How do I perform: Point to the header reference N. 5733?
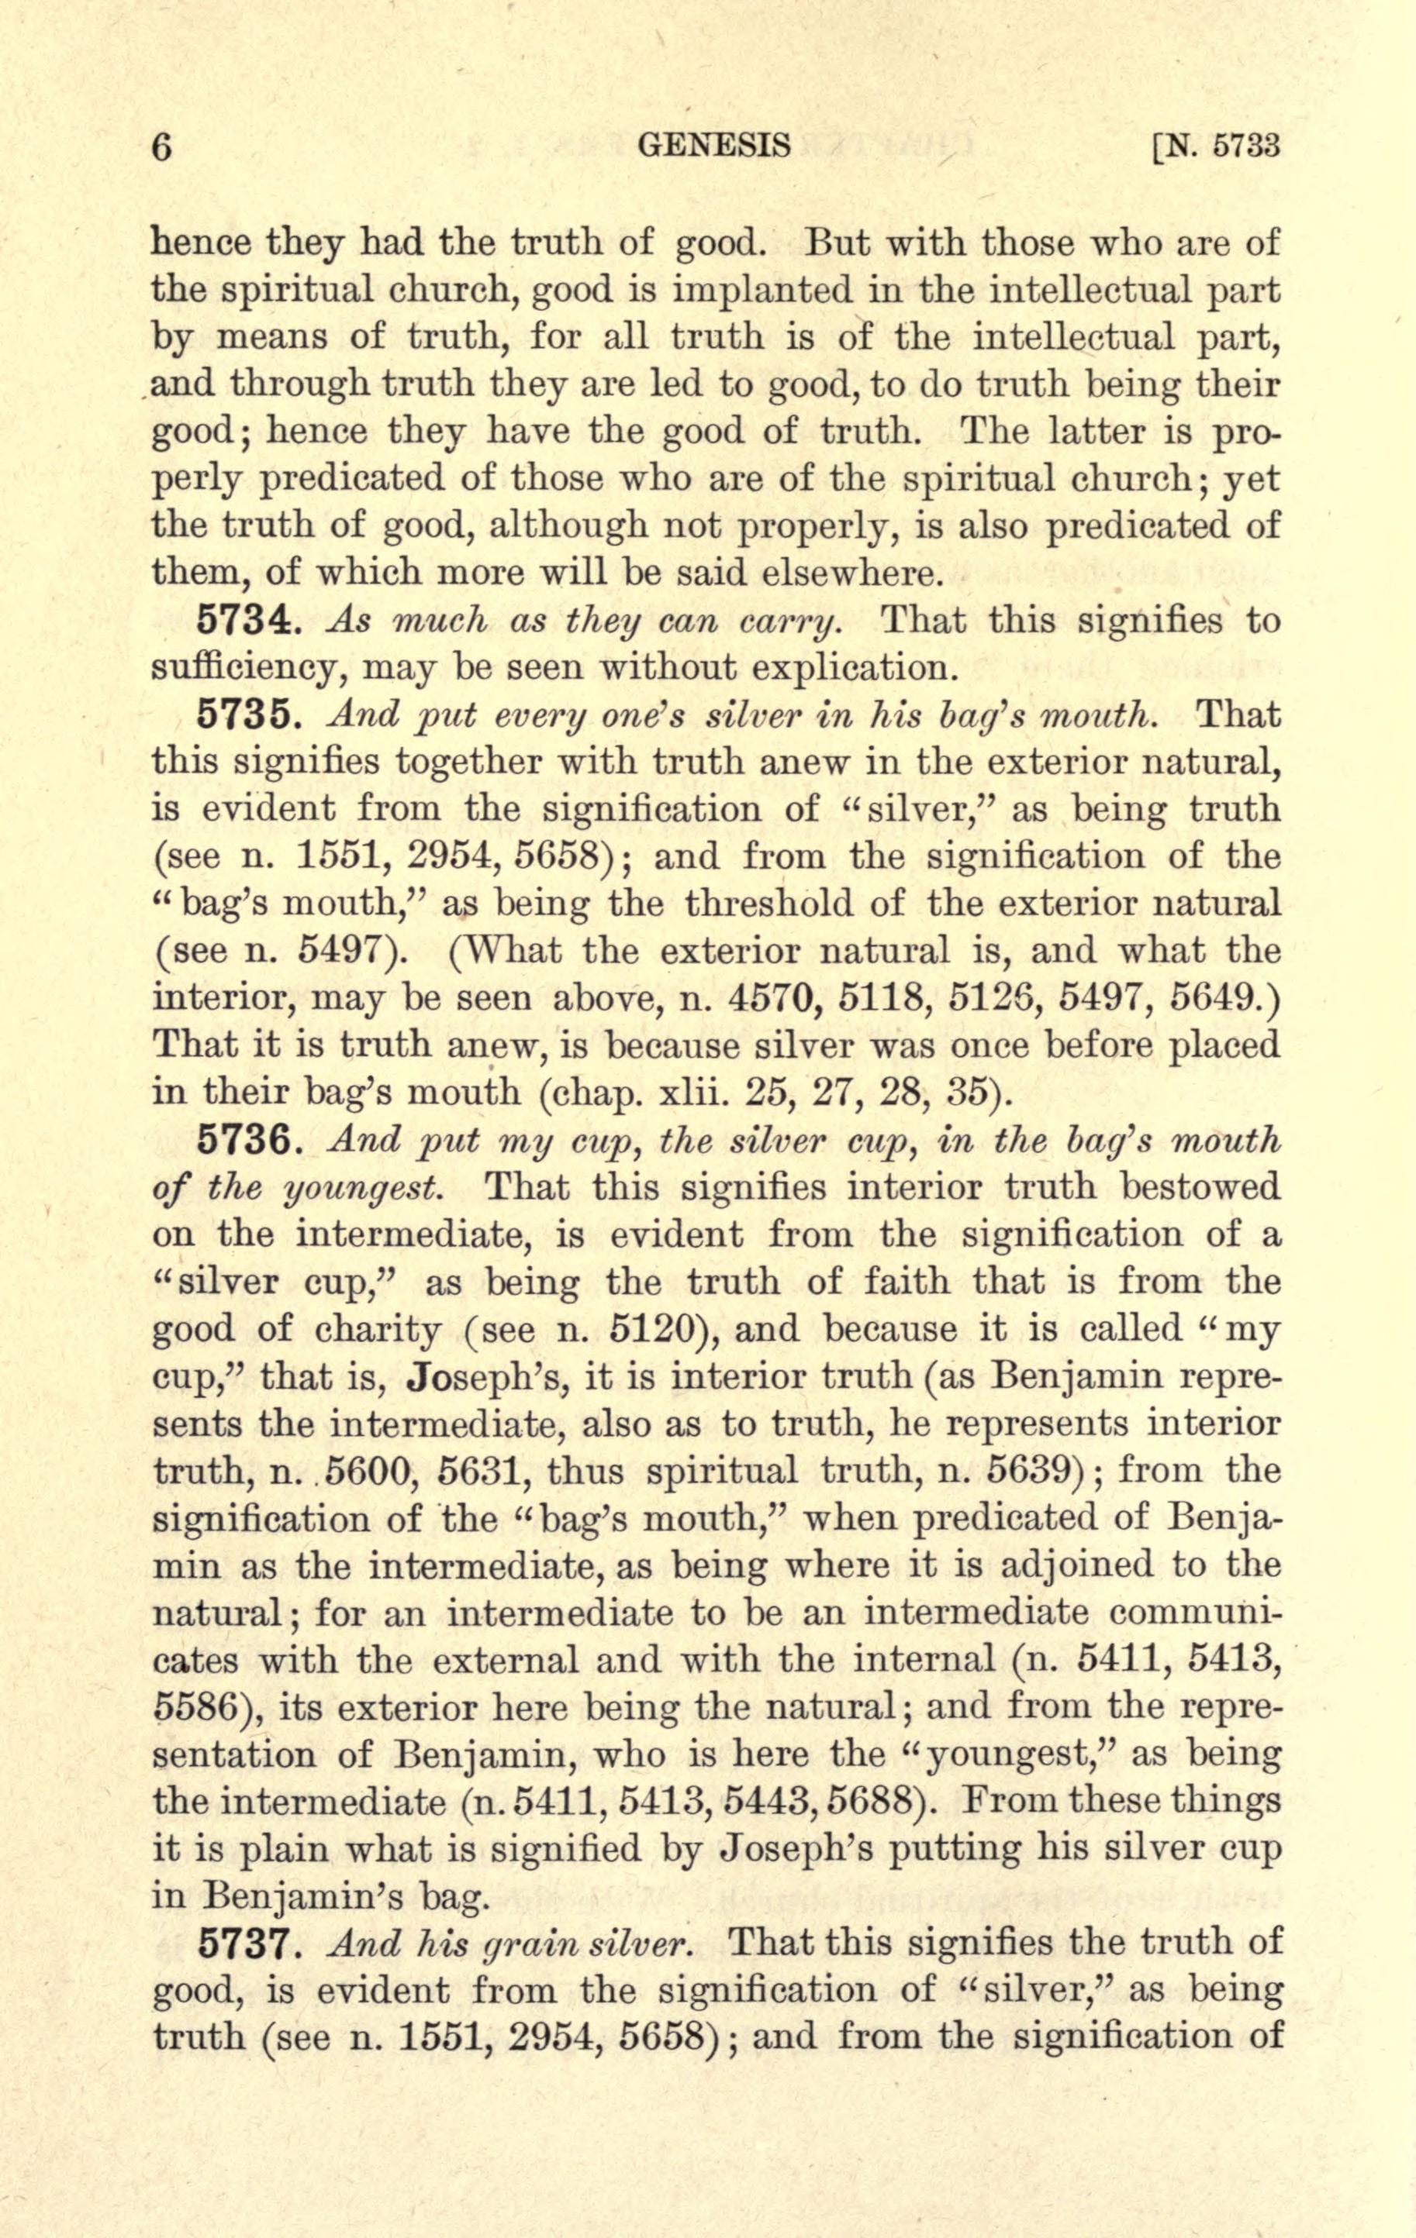[x=1215, y=146]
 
